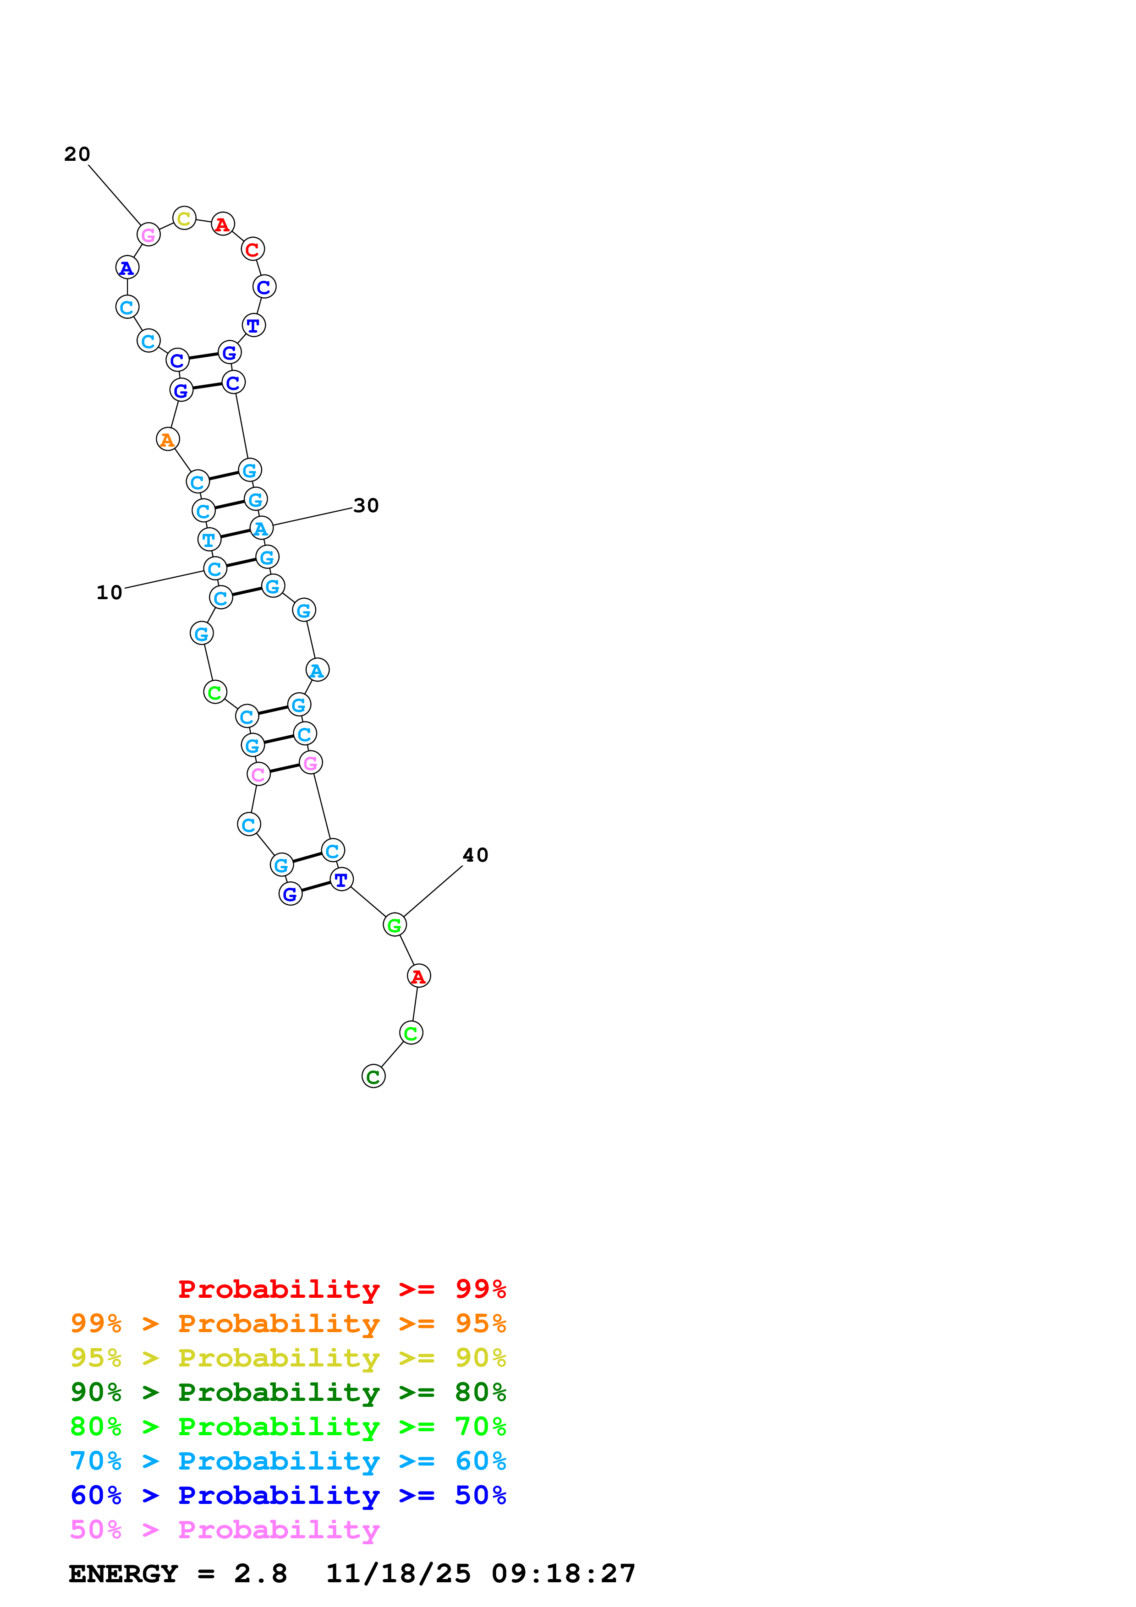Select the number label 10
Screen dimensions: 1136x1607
click(x=109, y=592)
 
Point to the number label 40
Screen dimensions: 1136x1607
click(x=475, y=855)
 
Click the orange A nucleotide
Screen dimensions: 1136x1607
click(x=167, y=440)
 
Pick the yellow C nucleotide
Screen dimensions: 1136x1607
click(x=184, y=219)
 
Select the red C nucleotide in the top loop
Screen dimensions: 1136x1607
click(x=252, y=249)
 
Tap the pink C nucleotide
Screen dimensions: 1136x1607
click(x=258, y=774)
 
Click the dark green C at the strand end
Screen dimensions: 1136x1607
click(x=373, y=1077)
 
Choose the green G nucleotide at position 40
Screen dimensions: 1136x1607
click(x=395, y=925)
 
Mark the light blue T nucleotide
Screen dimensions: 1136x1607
click(x=209, y=540)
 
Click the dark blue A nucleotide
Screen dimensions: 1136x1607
click(x=126, y=268)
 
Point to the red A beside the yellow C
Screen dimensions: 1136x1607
click(x=223, y=224)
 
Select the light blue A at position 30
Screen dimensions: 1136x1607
click(x=261, y=529)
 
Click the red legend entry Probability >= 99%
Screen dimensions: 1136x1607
click(x=341, y=1289)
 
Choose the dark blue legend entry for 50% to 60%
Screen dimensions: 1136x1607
click(x=288, y=1495)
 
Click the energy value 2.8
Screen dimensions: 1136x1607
click(x=260, y=1574)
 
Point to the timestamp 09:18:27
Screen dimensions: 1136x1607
click(x=564, y=1574)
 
